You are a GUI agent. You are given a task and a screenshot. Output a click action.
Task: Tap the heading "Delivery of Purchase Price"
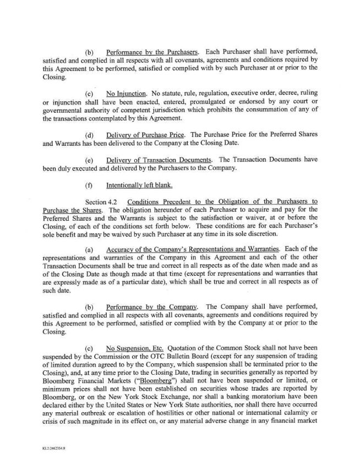click(146, 135)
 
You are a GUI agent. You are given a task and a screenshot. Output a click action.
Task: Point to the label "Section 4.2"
click(103, 201)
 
